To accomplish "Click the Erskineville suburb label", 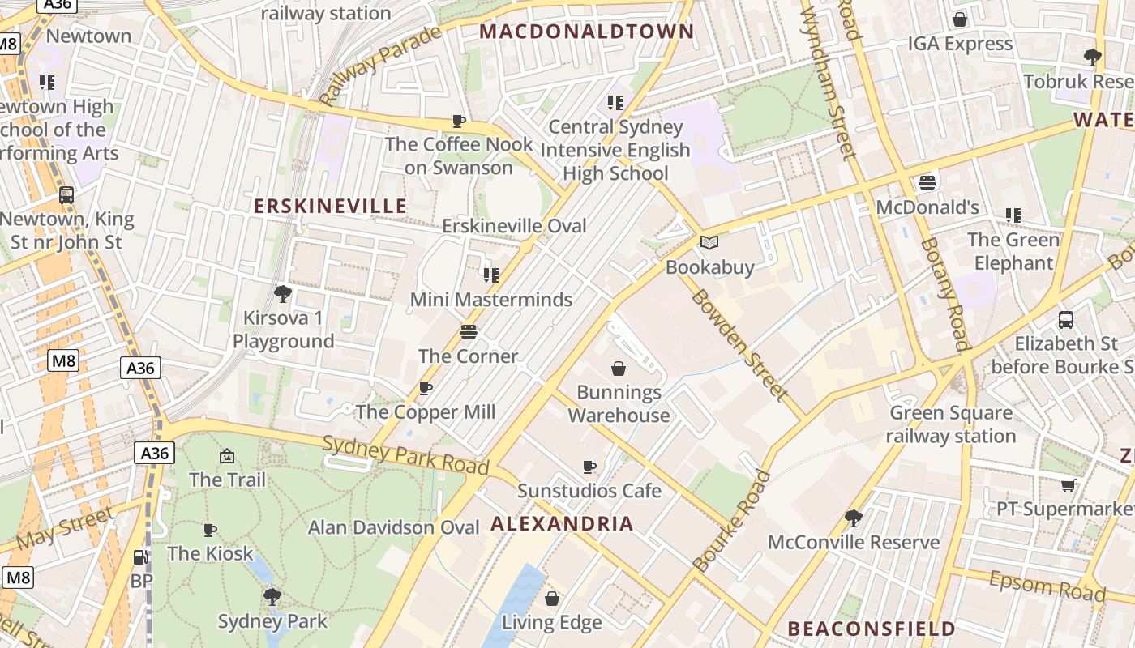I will [330, 206].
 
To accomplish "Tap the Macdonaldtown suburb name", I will [587, 32].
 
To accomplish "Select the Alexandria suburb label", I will [562, 523].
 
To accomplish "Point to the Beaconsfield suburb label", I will [872, 629].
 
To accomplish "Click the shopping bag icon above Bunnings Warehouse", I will [619, 369].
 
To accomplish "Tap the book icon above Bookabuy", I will [709, 242].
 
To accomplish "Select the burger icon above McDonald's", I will [927, 183].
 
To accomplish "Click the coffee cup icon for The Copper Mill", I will [426, 389].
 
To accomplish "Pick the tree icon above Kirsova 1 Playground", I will [283, 293].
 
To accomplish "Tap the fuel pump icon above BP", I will [141, 557].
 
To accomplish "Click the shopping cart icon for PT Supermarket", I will [1069, 485].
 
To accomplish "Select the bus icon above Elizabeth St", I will [1066, 320].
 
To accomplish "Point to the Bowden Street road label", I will [738, 344].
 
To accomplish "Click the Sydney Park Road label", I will [405, 454].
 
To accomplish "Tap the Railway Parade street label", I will [380, 66].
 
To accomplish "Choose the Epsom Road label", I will [1047, 585].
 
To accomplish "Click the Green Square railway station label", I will [951, 424].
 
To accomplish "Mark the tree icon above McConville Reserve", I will [853, 517].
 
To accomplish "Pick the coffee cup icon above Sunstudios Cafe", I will [589, 467].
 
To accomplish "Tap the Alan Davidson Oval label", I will [394, 527].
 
